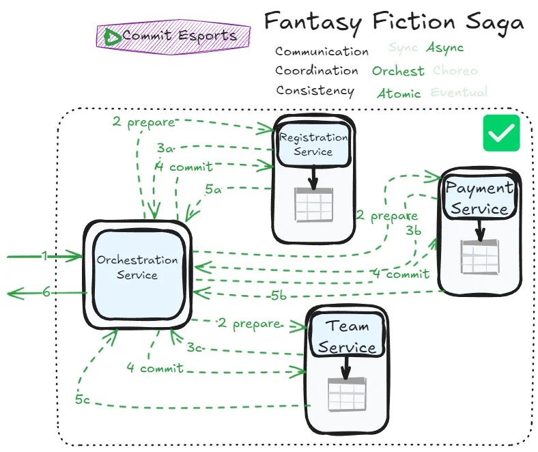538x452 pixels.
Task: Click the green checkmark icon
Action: tap(501, 132)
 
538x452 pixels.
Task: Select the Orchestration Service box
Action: tap(137, 267)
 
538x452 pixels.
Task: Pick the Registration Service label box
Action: tap(313, 144)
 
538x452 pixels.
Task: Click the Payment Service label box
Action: tap(479, 198)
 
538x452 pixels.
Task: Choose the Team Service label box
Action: tap(347, 337)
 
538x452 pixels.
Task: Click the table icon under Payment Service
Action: tap(479, 256)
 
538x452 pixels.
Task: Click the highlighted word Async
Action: tap(444, 48)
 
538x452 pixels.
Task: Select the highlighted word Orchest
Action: tap(398, 70)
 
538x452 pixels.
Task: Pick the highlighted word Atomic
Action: tap(399, 93)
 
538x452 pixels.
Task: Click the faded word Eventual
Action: tap(459, 92)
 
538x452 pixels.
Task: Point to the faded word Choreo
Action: tap(455, 70)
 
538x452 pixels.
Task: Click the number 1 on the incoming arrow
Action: tap(44, 256)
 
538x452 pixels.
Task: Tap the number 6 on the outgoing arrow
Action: tap(46, 292)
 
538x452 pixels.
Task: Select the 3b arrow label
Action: tap(413, 231)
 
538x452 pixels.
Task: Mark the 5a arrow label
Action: tap(214, 190)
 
